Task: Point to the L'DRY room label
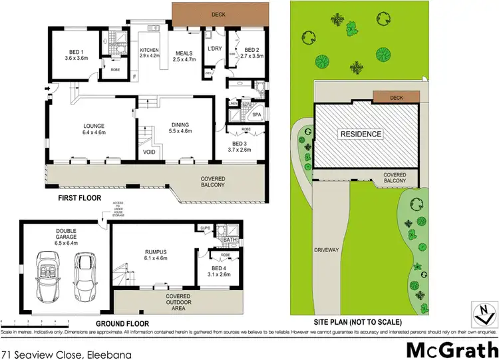[x=214, y=49]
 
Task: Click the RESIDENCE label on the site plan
[x=362, y=134]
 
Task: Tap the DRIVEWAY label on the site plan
[x=328, y=251]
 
